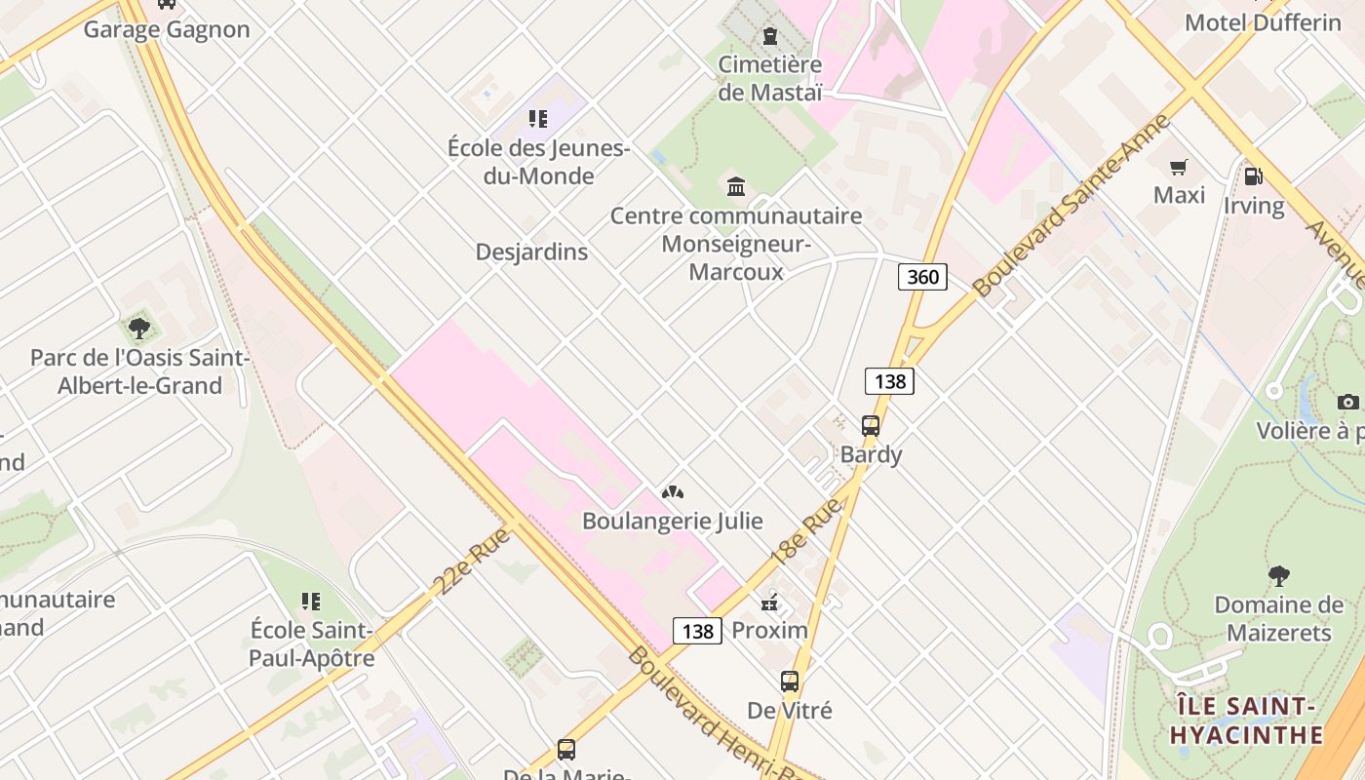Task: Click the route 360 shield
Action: click(x=922, y=277)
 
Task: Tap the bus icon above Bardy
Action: click(x=871, y=426)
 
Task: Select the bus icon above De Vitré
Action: click(x=790, y=682)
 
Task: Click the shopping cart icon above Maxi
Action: click(x=1179, y=167)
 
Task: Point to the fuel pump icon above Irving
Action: click(x=1253, y=176)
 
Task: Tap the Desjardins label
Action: click(x=531, y=252)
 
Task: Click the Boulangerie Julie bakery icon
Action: click(x=672, y=492)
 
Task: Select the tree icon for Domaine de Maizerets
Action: click(x=1278, y=576)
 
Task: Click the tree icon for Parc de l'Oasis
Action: click(x=139, y=329)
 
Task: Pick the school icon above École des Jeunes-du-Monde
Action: click(x=537, y=119)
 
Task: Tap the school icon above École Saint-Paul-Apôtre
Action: click(x=311, y=601)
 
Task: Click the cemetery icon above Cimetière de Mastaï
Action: click(x=770, y=37)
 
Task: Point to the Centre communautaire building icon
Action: click(x=736, y=186)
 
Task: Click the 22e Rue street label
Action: click(x=472, y=560)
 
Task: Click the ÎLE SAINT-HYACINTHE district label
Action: click(x=1247, y=720)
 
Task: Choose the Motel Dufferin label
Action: click(x=1263, y=22)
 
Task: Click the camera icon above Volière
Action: click(x=1348, y=402)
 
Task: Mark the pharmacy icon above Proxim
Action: click(x=770, y=602)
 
